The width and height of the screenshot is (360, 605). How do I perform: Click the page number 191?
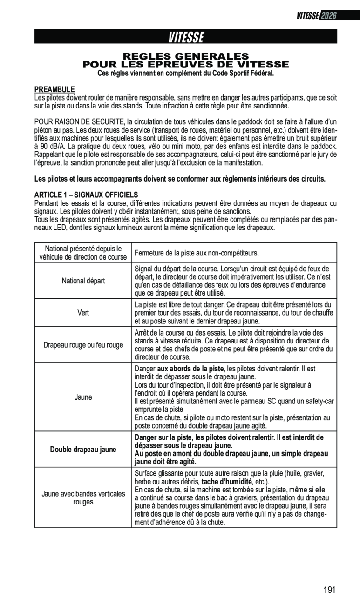click(329, 591)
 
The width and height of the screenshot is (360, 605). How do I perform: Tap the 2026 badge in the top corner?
click(328, 16)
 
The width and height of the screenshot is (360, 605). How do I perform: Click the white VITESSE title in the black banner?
click(186, 37)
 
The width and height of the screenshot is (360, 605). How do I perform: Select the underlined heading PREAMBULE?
click(54, 89)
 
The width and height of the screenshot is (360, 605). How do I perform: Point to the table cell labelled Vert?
click(83, 313)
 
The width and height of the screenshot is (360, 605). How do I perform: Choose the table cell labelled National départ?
click(83, 281)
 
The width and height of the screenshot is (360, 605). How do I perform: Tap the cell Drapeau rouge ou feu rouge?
click(83, 345)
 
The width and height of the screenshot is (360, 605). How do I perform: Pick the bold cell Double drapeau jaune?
click(83, 449)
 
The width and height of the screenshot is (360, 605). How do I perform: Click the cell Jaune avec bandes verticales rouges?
click(83, 497)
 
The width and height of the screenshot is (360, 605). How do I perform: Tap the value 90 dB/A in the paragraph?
click(49, 147)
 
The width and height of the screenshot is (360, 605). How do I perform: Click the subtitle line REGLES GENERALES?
click(186, 56)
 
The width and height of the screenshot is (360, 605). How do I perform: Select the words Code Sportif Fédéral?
click(243, 74)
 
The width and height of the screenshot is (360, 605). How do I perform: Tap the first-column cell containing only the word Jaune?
click(83, 397)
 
